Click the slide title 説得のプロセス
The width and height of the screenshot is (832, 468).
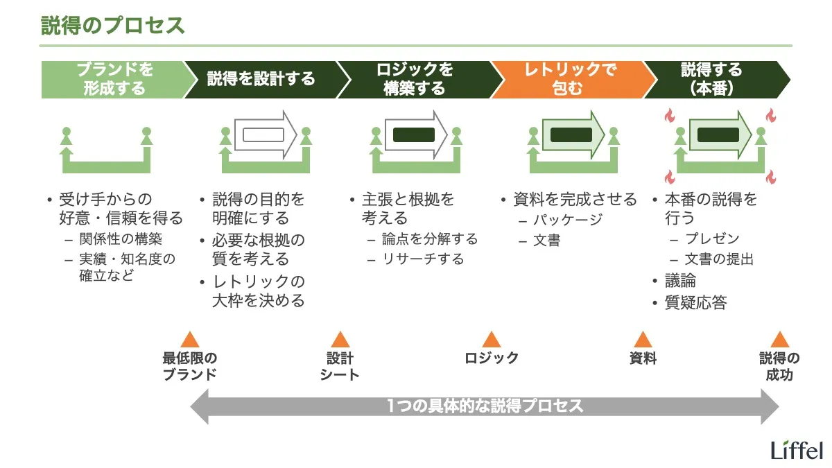click(113, 26)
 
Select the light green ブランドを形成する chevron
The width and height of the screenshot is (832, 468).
click(114, 79)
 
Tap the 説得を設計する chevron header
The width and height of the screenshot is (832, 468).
click(261, 79)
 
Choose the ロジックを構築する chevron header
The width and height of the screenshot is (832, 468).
click(415, 79)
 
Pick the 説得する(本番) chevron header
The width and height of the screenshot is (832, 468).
click(711, 79)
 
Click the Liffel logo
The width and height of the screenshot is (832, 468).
click(797, 449)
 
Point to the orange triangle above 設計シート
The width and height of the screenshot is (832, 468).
click(340, 340)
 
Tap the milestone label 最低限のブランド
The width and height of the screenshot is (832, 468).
click(190, 366)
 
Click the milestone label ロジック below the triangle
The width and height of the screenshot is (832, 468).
click(492, 358)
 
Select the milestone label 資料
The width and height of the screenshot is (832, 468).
click(643, 358)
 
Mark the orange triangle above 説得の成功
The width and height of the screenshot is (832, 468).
click(779, 340)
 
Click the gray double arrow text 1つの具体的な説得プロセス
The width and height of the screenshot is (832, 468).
click(485, 406)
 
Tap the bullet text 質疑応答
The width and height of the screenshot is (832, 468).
click(695, 302)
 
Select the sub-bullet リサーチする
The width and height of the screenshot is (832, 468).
click(423, 259)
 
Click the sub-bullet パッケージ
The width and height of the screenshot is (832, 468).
click(568, 220)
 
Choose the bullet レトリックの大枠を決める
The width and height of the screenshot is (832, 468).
click(258, 291)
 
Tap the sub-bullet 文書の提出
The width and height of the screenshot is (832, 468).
click(719, 259)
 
